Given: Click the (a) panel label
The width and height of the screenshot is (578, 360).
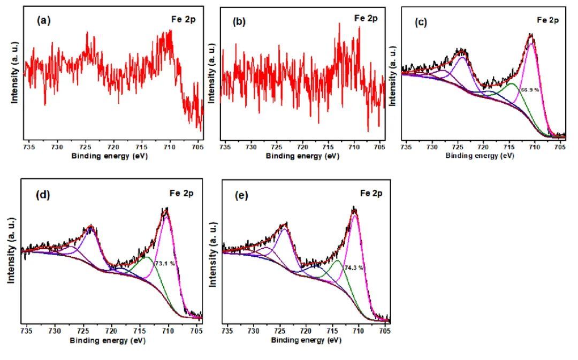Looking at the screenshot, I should point(43,21).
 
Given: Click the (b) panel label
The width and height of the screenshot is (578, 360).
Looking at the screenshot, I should point(240,22).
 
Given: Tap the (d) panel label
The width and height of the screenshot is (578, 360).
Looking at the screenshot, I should point(43,194).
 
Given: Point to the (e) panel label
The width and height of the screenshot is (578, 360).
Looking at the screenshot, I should point(242,195).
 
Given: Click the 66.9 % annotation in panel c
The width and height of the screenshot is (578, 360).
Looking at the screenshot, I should point(530,90).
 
